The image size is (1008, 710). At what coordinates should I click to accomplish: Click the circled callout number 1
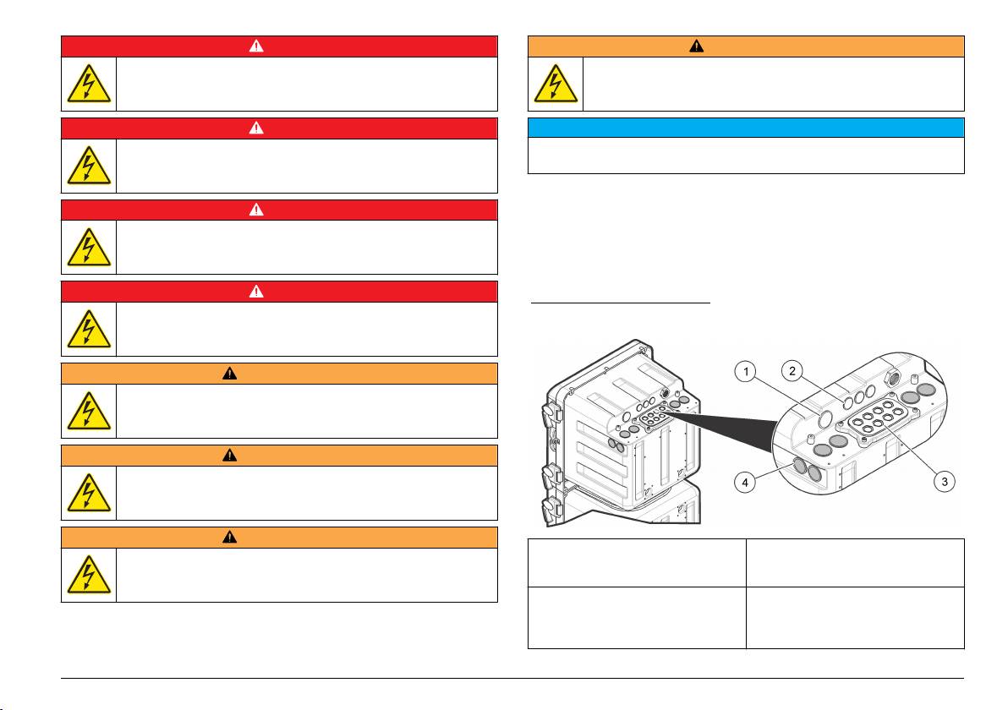(746, 371)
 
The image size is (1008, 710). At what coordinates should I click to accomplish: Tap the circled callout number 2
(792, 371)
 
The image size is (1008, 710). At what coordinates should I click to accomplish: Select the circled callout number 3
(945, 481)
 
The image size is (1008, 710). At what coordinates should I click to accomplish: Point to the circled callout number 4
(745, 482)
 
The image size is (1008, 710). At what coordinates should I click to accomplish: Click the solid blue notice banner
(746, 128)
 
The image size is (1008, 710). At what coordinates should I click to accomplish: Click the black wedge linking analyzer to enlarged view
(720, 429)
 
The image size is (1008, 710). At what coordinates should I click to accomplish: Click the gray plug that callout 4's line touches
(800, 466)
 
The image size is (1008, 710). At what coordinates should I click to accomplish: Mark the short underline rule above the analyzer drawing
(621, 301)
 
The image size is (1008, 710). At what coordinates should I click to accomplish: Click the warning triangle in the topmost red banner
(256, 46)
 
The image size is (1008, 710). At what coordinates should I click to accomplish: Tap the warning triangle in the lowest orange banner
(229, 537)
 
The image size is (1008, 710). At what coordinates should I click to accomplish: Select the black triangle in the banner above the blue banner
(696, 46)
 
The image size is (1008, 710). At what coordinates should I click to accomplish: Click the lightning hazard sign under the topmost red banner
(89, 84)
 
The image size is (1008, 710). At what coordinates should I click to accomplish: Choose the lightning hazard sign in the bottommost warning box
(89, 575)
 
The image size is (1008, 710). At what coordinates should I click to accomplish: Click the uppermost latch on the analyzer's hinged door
(551, 412)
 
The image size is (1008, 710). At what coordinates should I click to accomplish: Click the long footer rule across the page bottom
(512, 678)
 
